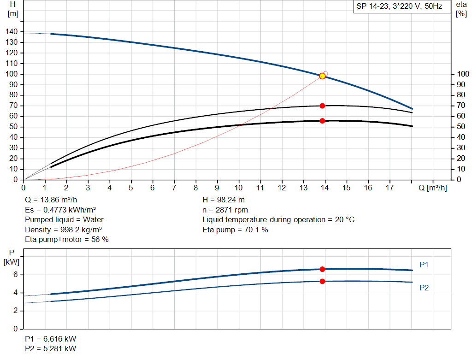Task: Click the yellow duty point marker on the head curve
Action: tap(322, 76)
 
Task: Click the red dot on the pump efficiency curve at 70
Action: tap(322, 106)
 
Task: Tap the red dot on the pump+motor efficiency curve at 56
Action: tap(322, 121)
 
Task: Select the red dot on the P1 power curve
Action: tap(322, 269)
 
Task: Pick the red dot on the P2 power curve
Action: tap(322, 281)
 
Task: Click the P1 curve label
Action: tap(424, 265)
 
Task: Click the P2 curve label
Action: tap(424, 288)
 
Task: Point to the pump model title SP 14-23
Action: tap(399, 7)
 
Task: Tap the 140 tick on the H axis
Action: tap(12, 32)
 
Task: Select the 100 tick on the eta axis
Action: tap(462, 74)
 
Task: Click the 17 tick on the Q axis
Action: tap(389, 188)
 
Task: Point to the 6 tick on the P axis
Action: tap(15, 275)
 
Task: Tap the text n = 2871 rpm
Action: tap(225, 210)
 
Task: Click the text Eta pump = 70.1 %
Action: tap(235, 230)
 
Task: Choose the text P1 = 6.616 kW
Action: tap(51, 339)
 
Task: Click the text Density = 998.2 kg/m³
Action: tap(64, 230)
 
